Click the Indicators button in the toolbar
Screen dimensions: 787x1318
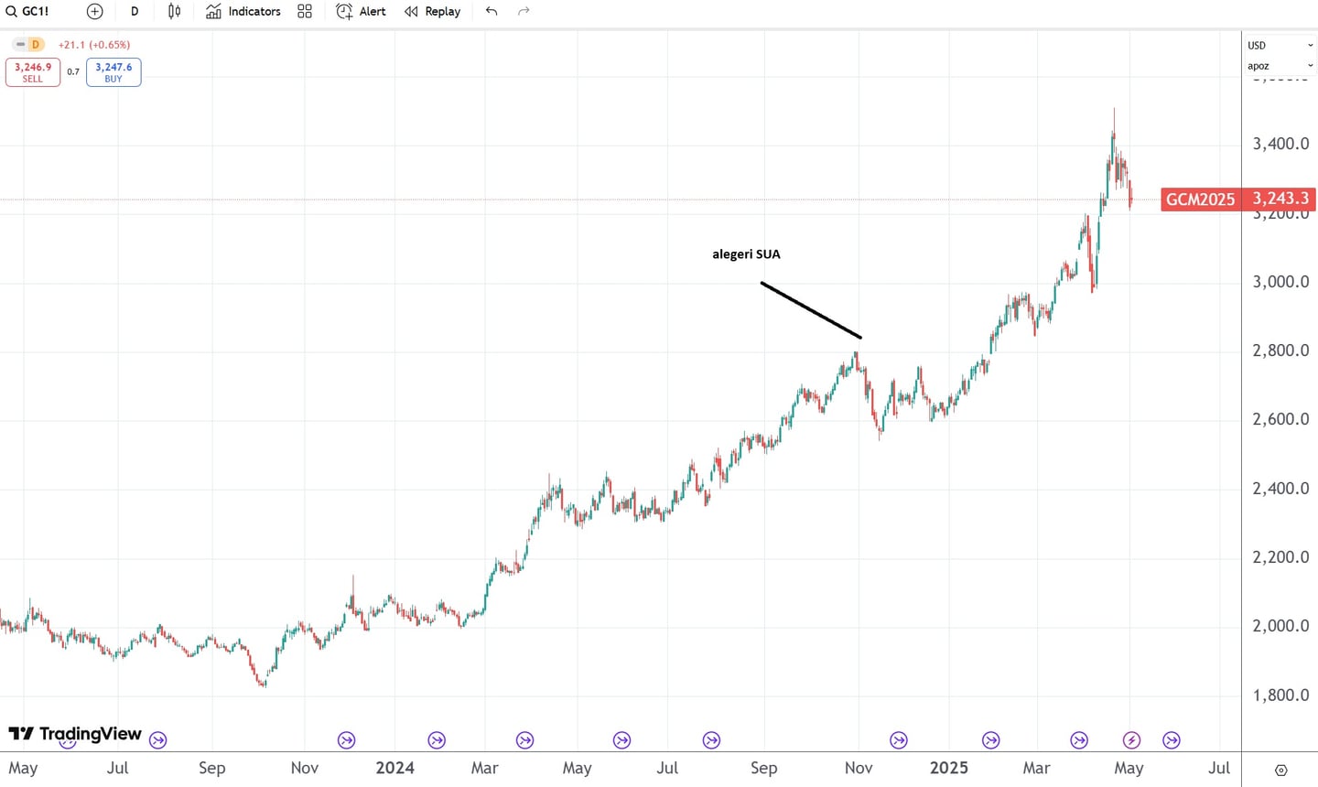(x=243, y=12)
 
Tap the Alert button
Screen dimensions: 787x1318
(x=362, y=12)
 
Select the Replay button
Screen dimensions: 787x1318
(x=433, y=12)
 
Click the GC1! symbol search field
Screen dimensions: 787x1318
(x=28, y=12)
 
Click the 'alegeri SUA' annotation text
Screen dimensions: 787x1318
(x=746, y=254)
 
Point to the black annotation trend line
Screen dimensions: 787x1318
(x=811, y=310)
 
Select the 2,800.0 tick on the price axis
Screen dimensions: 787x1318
(x=1280, y=350)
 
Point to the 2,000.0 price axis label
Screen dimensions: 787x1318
(x=1280, y=626)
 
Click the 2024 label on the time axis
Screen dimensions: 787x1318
(x=394, y=768)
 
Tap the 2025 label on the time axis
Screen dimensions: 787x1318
(x=948, y=768)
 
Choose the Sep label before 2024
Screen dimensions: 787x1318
(x=211, y=768)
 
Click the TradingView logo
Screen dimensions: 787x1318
(x=75, y=734)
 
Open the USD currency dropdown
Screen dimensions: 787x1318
(x=1280, y=45)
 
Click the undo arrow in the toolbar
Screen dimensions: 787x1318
(x=492, y=12)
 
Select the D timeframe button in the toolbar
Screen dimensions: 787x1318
(x=135, y=12)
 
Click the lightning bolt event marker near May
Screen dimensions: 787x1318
(x=1131, y=740)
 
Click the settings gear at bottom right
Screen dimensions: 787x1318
(x=1280, y=770)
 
